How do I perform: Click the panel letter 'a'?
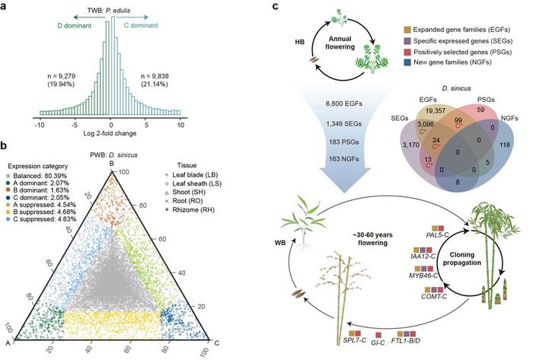(7, 6)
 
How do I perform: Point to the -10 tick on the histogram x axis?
(38, 123)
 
